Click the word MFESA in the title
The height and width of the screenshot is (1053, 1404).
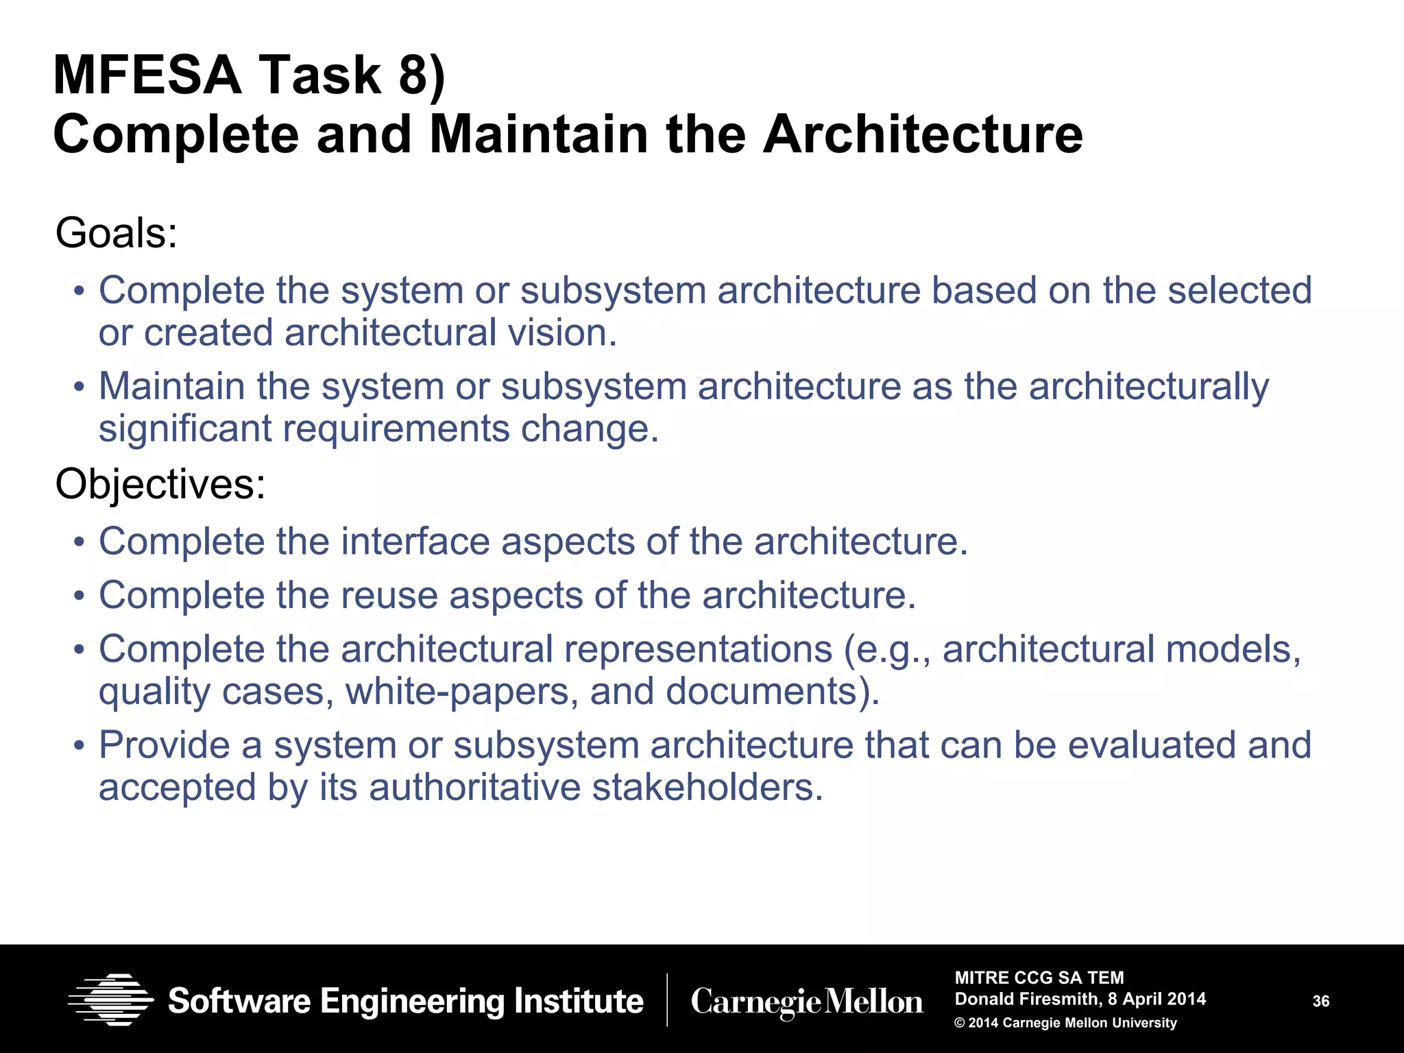[147, 75]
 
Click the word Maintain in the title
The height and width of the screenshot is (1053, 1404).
[537, 134]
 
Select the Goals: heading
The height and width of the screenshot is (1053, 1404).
[117, 233]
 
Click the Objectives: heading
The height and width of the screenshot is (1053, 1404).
[160, 484]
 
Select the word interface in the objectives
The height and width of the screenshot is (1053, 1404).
[415, 542]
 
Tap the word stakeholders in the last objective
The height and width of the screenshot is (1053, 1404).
[706, 787]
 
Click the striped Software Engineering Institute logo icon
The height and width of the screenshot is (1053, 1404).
[110, 1000]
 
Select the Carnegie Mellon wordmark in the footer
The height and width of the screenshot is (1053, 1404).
[807, 1002]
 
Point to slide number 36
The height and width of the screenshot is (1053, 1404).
[1320, 1002]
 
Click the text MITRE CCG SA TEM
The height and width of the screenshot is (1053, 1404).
[1039, 978]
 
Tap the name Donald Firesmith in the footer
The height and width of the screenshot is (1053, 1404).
[1026, 999]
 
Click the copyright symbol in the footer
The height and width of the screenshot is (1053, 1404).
[960, 1023]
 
